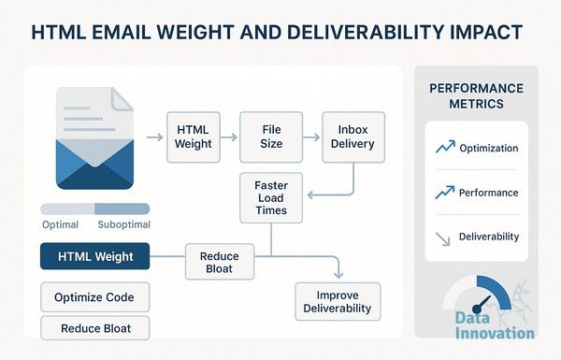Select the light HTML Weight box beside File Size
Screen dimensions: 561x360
click(194, 137)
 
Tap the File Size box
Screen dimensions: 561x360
click(271, 137)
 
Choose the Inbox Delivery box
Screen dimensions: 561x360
click(353, 137)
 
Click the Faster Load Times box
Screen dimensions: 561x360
click(271, 198)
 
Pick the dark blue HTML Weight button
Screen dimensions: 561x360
click(94, 256)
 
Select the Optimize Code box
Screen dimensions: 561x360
click(94, 297)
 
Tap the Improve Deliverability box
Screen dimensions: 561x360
click(338, 302)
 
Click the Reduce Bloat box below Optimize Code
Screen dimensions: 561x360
click(94, 328)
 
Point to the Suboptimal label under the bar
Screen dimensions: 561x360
click(123, 224)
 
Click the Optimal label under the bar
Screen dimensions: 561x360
click(60, 224)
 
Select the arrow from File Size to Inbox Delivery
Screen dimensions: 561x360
click(311, 137)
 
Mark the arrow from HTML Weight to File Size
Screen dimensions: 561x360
click(229, 137)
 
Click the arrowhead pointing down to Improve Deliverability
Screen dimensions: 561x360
click(338, 275)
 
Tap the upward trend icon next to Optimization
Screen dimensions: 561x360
click(445, 147)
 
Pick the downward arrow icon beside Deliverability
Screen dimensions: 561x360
click(443, 239)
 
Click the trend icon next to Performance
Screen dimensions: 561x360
click(445, 193)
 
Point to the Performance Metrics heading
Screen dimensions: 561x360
click(476, 96)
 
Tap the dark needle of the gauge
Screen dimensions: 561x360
click(482, 304)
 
